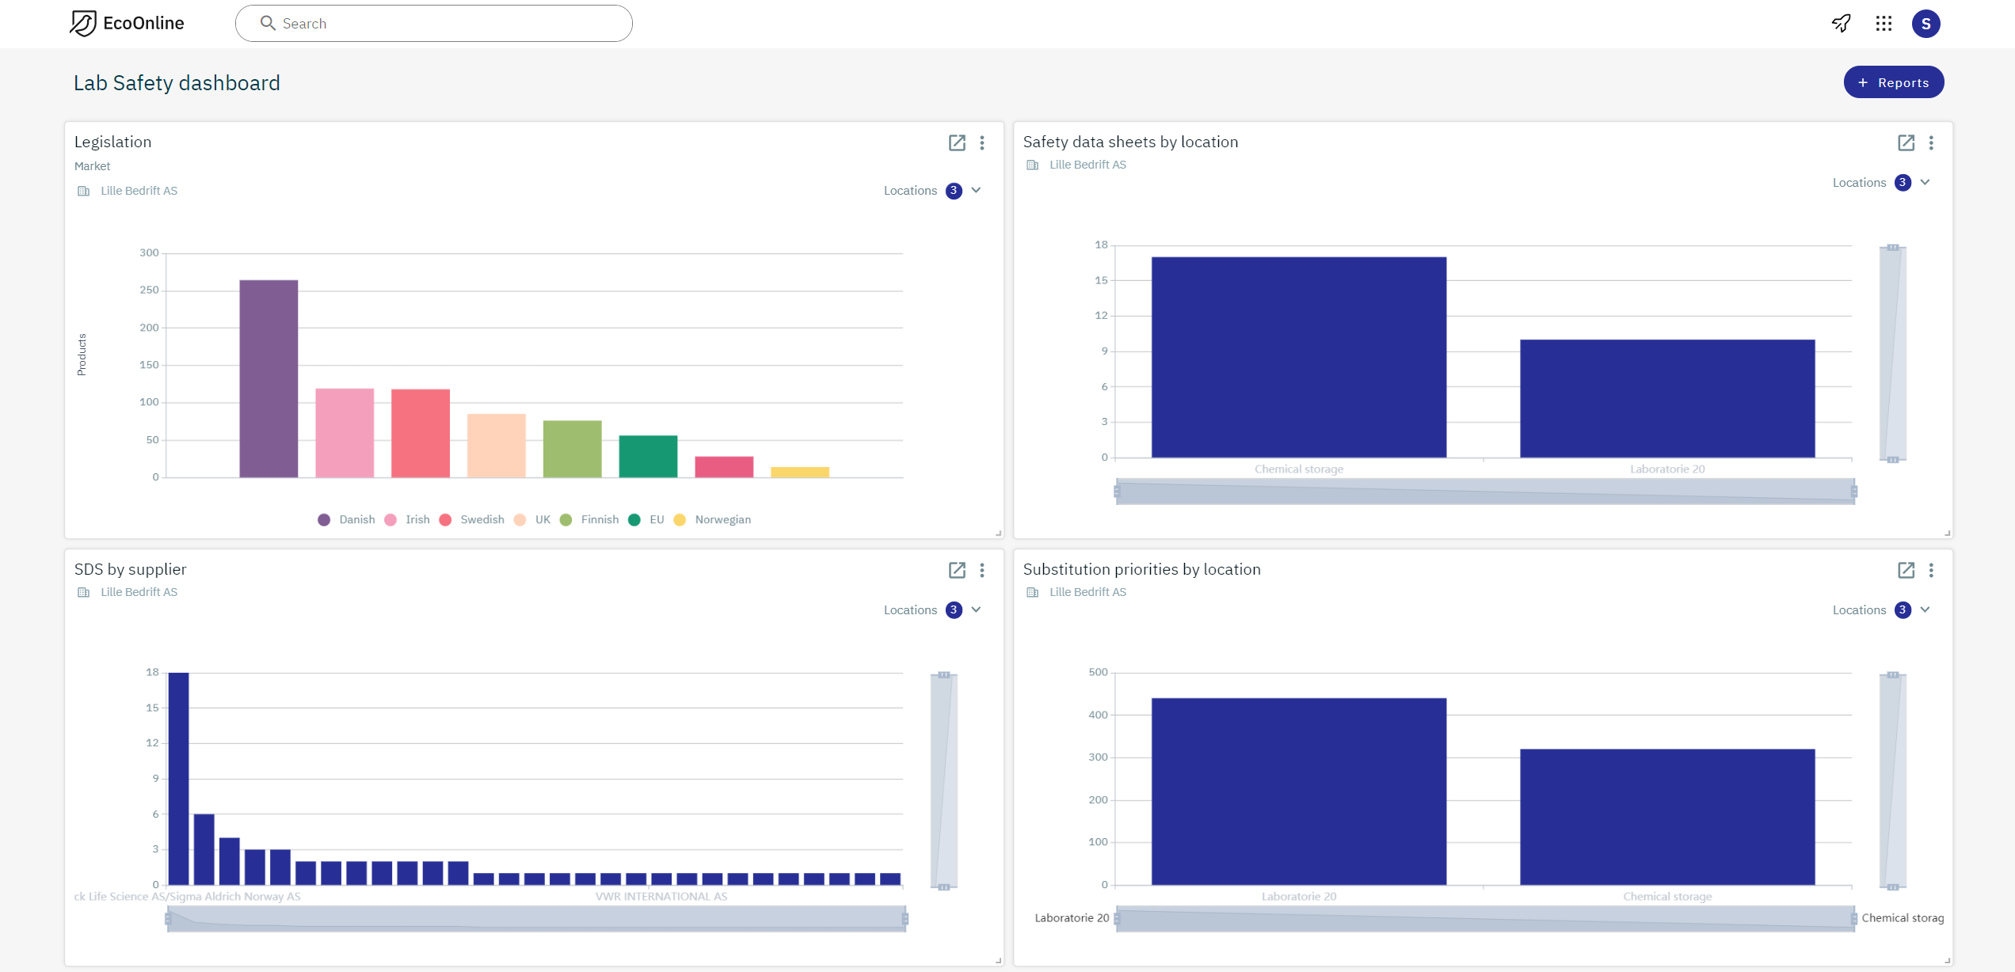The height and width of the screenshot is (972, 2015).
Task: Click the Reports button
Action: pyautogui.click(x=1893, y=82)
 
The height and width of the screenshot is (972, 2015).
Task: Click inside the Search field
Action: pyautogui.click(x=444, y=24)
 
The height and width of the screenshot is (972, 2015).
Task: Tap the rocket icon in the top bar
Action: pyautogui.click(x=1842, y=24)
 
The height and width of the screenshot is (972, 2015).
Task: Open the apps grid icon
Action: pyautogui.click(x=1884, y=24)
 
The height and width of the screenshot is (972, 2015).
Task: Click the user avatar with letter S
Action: pyautogui.click(x=1925, y=24)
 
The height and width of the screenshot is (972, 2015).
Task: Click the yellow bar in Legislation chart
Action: pyautogui.click(x=800, y=472)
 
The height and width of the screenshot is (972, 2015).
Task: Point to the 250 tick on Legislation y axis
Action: pyautogui.click(x=149, y=290)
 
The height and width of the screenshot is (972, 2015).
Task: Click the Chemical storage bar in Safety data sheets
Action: pyautogui.click(x=1298, y=357)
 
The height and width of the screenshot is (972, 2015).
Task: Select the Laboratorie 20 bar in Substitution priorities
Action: pyautogui.click(x=1298, y=792)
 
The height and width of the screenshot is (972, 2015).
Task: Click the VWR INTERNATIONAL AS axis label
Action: pyautogui.click(x=661, y=897)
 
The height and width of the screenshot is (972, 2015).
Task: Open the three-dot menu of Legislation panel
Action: pyautogui.click(x=982, y=142)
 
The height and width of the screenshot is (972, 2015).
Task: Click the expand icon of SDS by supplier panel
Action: pyautogui.click(x=957, y=570)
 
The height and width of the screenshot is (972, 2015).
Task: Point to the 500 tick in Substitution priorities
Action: pyautogui.click(x=1098, y=673)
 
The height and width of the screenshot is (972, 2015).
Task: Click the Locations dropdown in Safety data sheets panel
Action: pyautogui.click(x=1881, y=183)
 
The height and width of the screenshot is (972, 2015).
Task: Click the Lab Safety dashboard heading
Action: pyautogui.click(x=177, y=83)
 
